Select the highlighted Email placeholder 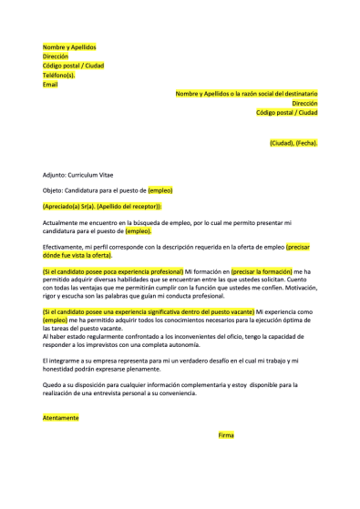[x=50, y=84]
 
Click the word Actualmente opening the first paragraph [x=63, y=222]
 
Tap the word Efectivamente [x=66, y=247]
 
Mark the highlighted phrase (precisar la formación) [x=261, y=271]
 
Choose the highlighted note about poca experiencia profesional [x=113, y=271]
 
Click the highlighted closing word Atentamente [x=61, y=418]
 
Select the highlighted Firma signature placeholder [x=227, y=435]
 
